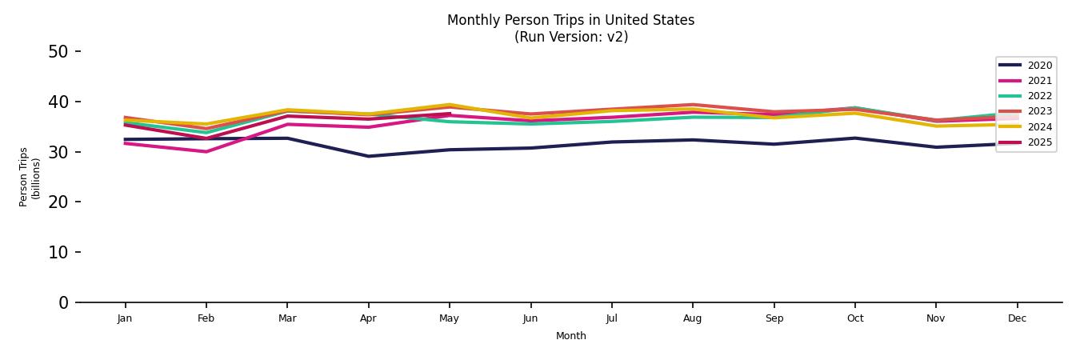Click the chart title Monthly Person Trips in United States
coord(570,20)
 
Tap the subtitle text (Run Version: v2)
coord(570,37)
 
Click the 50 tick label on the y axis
coord(58,52)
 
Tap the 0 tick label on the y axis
coord(64,302)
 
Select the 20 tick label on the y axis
coord(58,202)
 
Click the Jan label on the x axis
coord(125,318)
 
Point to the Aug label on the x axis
coord(693,318)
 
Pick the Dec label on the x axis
coord(1017,318)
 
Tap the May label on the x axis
coord(450,318)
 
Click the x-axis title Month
coord(571,336)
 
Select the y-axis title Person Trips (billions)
coord(30,177)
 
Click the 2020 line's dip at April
coord(368,156)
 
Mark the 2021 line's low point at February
coord(206,151)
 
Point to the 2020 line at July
coord(612,142)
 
